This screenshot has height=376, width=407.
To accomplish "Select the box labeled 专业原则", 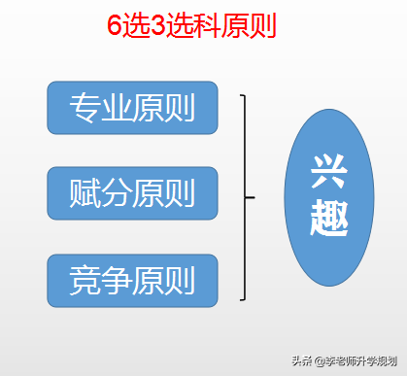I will point(132,107).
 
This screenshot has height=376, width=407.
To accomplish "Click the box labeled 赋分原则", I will point(132,192).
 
